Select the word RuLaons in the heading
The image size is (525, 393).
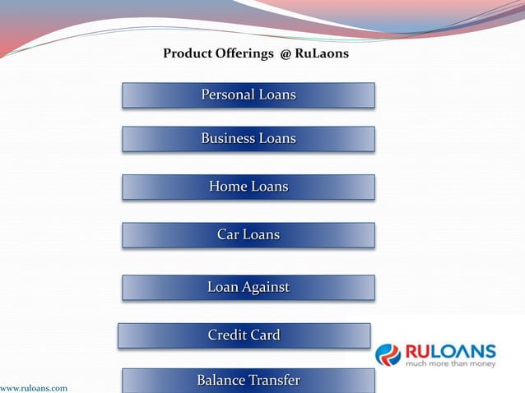point(322,54)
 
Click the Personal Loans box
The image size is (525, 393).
point(249,95)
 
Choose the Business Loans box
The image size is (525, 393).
point(249,139)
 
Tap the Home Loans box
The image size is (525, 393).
point(249,187)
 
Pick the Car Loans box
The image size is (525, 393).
point(249,235)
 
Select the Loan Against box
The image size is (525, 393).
point(249,288)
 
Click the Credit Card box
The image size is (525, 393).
point(244,335)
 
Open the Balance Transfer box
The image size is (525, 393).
point(249,380)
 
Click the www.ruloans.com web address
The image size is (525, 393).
point(34,387)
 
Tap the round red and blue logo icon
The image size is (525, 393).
point(388,354)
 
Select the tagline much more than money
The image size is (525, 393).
point(449,363)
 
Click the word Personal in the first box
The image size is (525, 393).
point(228,95)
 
